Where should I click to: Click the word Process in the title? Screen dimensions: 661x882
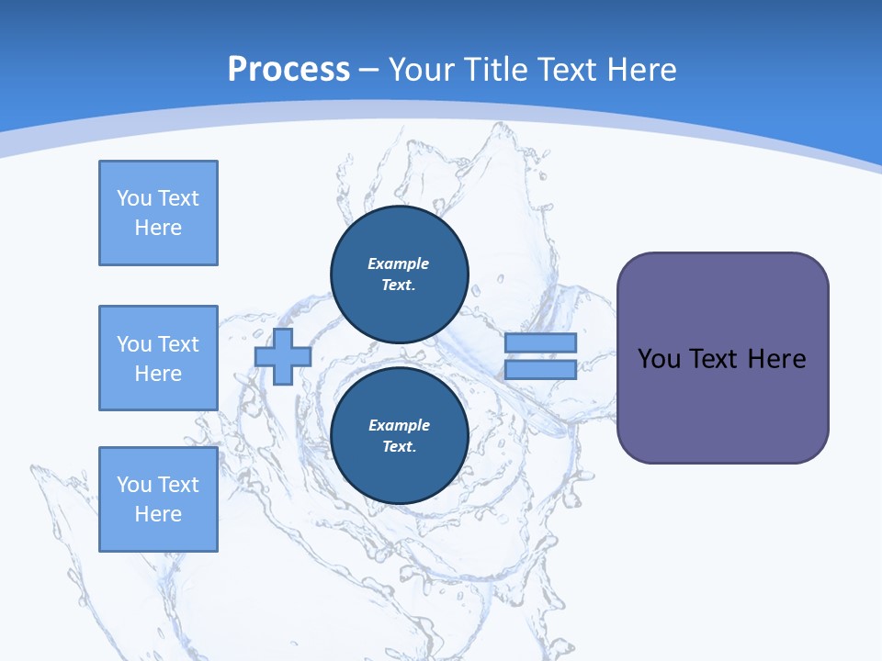coord(288,70)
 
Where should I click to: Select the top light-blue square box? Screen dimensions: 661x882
coord(158,213)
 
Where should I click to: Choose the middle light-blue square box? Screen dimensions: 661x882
coord(158,358)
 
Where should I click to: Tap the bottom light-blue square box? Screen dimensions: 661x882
coord(158,499)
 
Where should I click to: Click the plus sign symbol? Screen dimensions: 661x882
coord(283,356)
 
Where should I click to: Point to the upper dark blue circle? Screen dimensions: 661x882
coord(399,274)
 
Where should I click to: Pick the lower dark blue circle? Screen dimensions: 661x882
coord(399,436)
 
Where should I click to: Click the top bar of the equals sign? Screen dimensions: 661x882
coord(540,342)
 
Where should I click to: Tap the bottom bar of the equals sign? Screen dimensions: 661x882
coord(540,369)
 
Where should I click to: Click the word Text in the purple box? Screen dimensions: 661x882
coord(714,358)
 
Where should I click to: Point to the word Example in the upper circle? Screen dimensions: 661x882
coord(399,263)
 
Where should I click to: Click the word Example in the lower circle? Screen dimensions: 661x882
coord(399,425)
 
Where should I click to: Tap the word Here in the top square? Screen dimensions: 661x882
coord(158,228)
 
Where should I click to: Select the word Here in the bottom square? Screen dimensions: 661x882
coord(158,514)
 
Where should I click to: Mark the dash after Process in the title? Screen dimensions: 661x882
coord(368,70)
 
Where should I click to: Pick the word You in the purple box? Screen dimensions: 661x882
coord(659,358)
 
